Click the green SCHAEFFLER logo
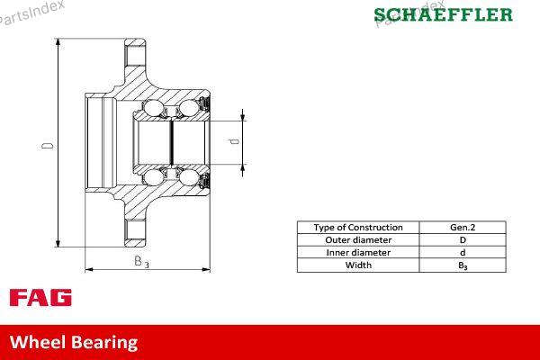pyautogui.click(x=443, y=14)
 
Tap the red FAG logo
pyautogui.click(x=40, y=298)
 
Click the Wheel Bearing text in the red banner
pyautogui.click(x=74, y=342)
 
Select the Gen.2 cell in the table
pyautogui.click(x=463, y=228)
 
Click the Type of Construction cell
pyautogui.click(x=358, y=228)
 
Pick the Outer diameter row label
pyautogui.click(x=358, y=240)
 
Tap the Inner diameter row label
pyautogui.click(x=358, y=253)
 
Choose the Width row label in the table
pyautogui.click(x=358, y=265)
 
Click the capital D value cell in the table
pyautogui.click(x=463, y=240)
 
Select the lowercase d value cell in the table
pyautogui.click(x=463, y=253)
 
